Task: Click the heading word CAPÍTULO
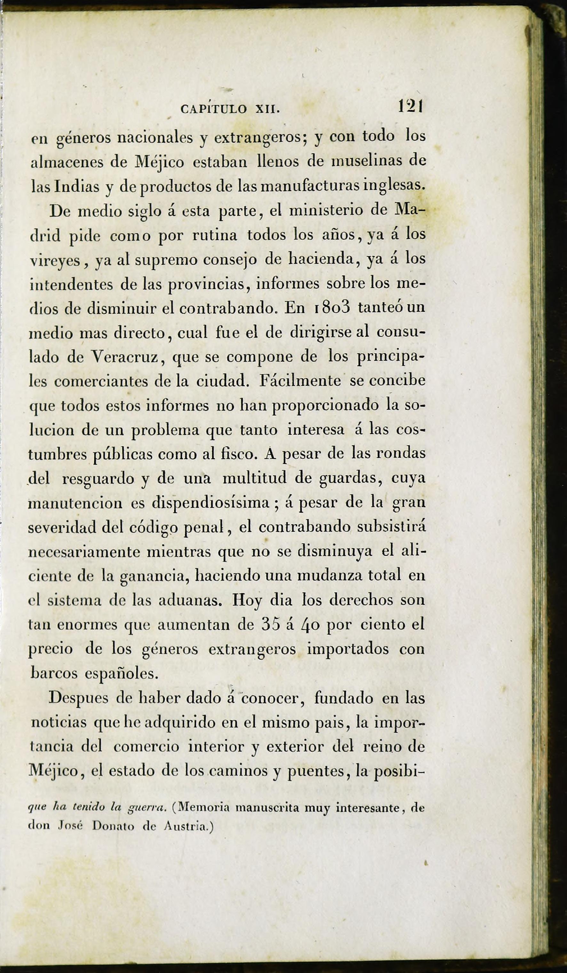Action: pyautogui.click(x=214, y=109)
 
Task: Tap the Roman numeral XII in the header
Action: pyautogui.click(x=267, y=109)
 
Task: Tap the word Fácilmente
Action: pyautogui.click(x=300, y=381)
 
